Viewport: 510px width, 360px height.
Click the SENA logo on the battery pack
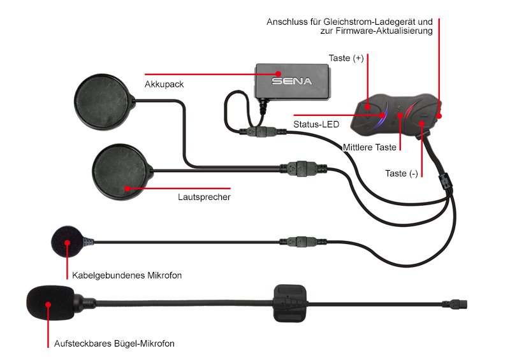[x=292, y=81]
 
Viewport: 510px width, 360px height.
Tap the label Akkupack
[x=164, y=84]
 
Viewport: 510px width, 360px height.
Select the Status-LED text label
[x=316, y=124]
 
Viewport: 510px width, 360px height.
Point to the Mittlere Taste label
[x=370, y=147]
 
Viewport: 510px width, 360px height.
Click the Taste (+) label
[x=346, y=58]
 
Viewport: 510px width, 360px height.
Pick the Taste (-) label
[x=402, y=173]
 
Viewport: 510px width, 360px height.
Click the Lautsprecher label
[x=204, y=197]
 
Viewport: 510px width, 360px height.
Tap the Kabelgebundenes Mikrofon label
[x=127, y=275]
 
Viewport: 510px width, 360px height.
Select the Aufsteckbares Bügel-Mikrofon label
[x=114, y=343]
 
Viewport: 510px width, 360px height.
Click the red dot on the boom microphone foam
[x=48, y=305]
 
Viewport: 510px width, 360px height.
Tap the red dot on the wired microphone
[x=67, y=243]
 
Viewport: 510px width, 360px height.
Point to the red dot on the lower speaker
[x=127, y=189]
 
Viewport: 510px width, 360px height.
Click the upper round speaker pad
[x=103, y=102]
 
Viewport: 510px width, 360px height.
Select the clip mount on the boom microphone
[x=290, y=303]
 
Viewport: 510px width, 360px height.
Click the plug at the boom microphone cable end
[x=455, y=305]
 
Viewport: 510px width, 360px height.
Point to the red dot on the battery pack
[x=278, y=74]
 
